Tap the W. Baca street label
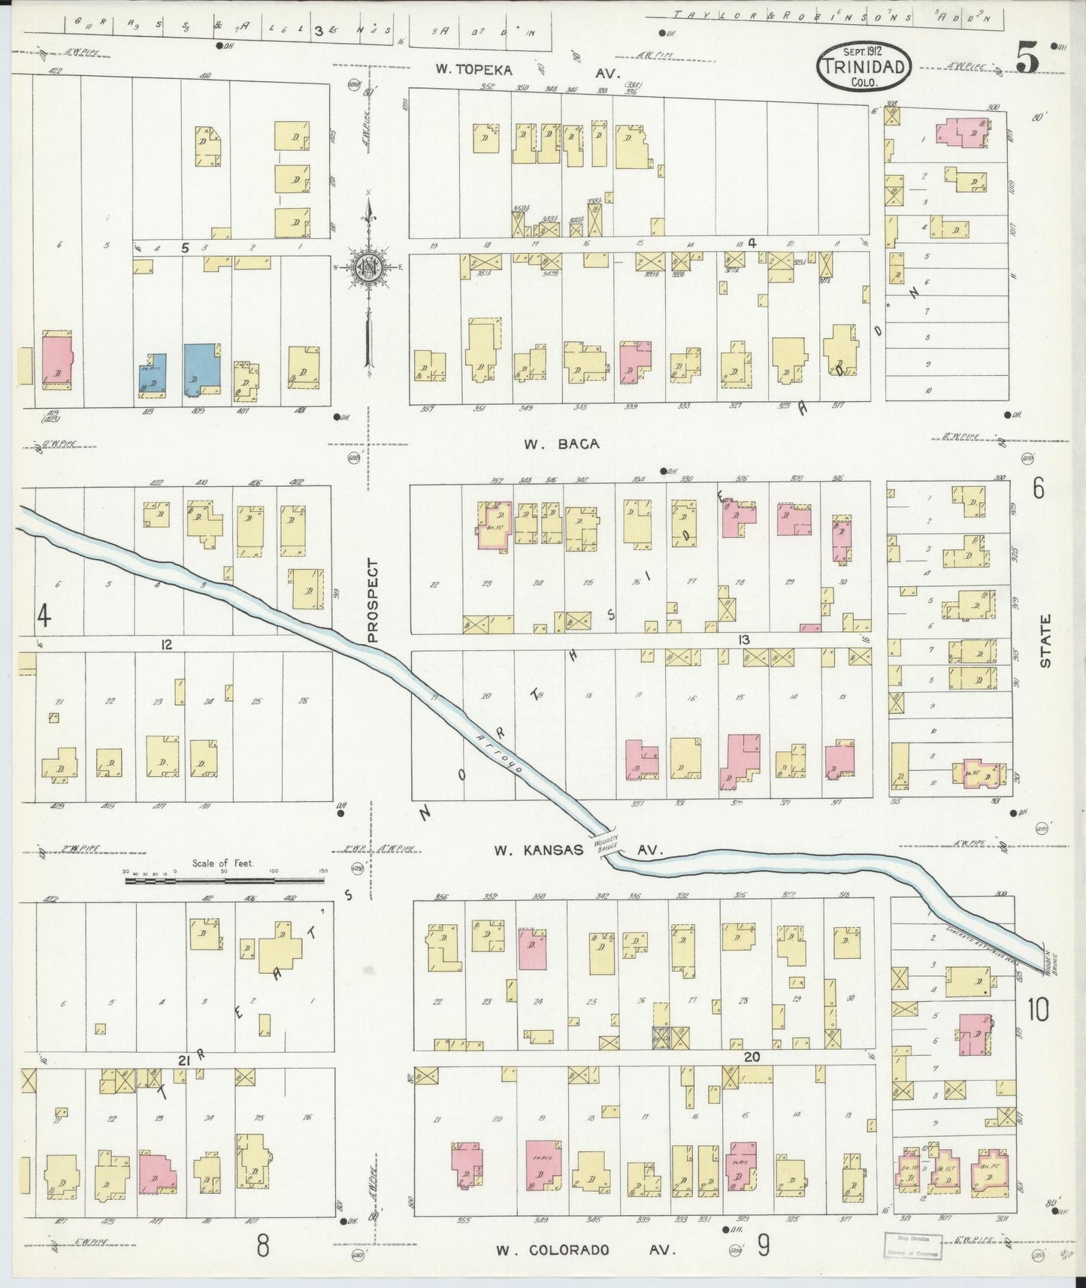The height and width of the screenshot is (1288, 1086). click(x=561, y=444)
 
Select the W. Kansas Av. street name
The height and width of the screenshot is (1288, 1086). click(x=578, y=850)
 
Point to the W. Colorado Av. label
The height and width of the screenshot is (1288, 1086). click(x=585, y=1250)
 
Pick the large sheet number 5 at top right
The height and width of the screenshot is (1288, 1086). click(x=1028, y=57)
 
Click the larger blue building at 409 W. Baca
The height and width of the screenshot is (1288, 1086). click(x=201, y=369)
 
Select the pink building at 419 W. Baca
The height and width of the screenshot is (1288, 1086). click(x=56, y=359)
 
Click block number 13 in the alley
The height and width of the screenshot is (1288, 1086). click(x=743, y=639)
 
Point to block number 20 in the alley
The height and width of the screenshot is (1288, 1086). click(x=751, y=1057)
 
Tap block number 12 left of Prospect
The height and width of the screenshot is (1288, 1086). click(x=166, y=644)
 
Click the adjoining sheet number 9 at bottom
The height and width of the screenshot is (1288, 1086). click(x=763, y=1246)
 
